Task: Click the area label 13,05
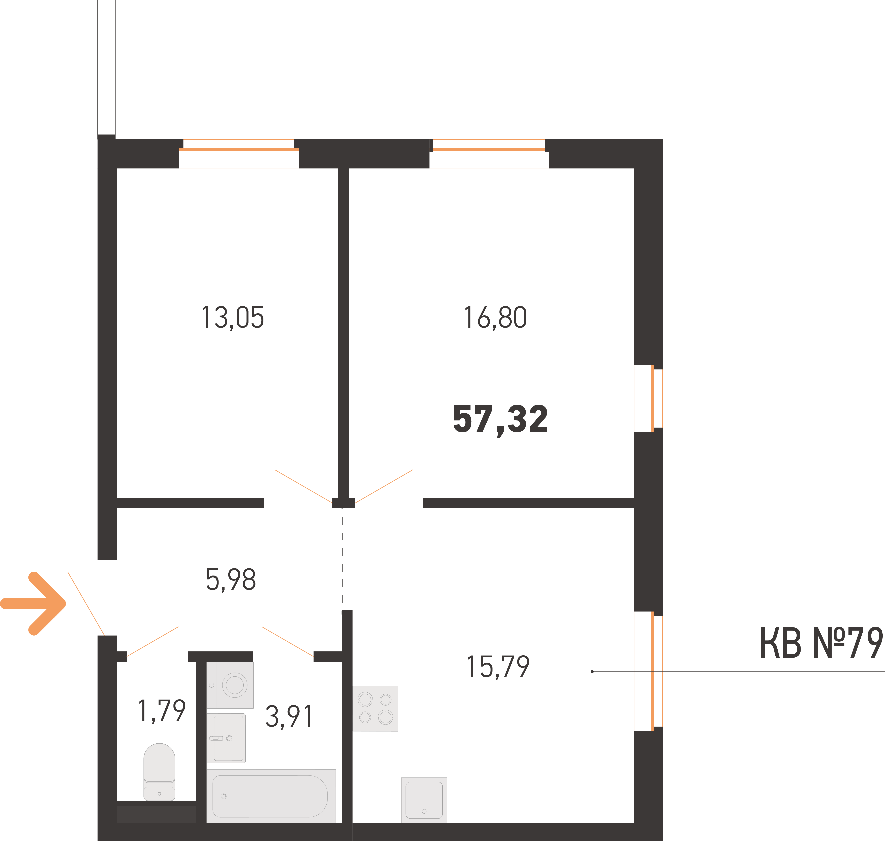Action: click(x=232, y=318)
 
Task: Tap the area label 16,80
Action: click(x=495, y=318)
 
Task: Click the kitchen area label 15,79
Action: click(x=498, y=667)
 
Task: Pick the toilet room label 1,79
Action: click(x=162, y=711)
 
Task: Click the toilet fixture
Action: click(x=159, y=772)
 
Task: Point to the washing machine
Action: click(x=230, y=685)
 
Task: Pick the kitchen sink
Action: click(x=424, y=800)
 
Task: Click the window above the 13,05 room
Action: click(x=239, y=153)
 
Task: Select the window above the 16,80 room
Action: click(x=489, y=153)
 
